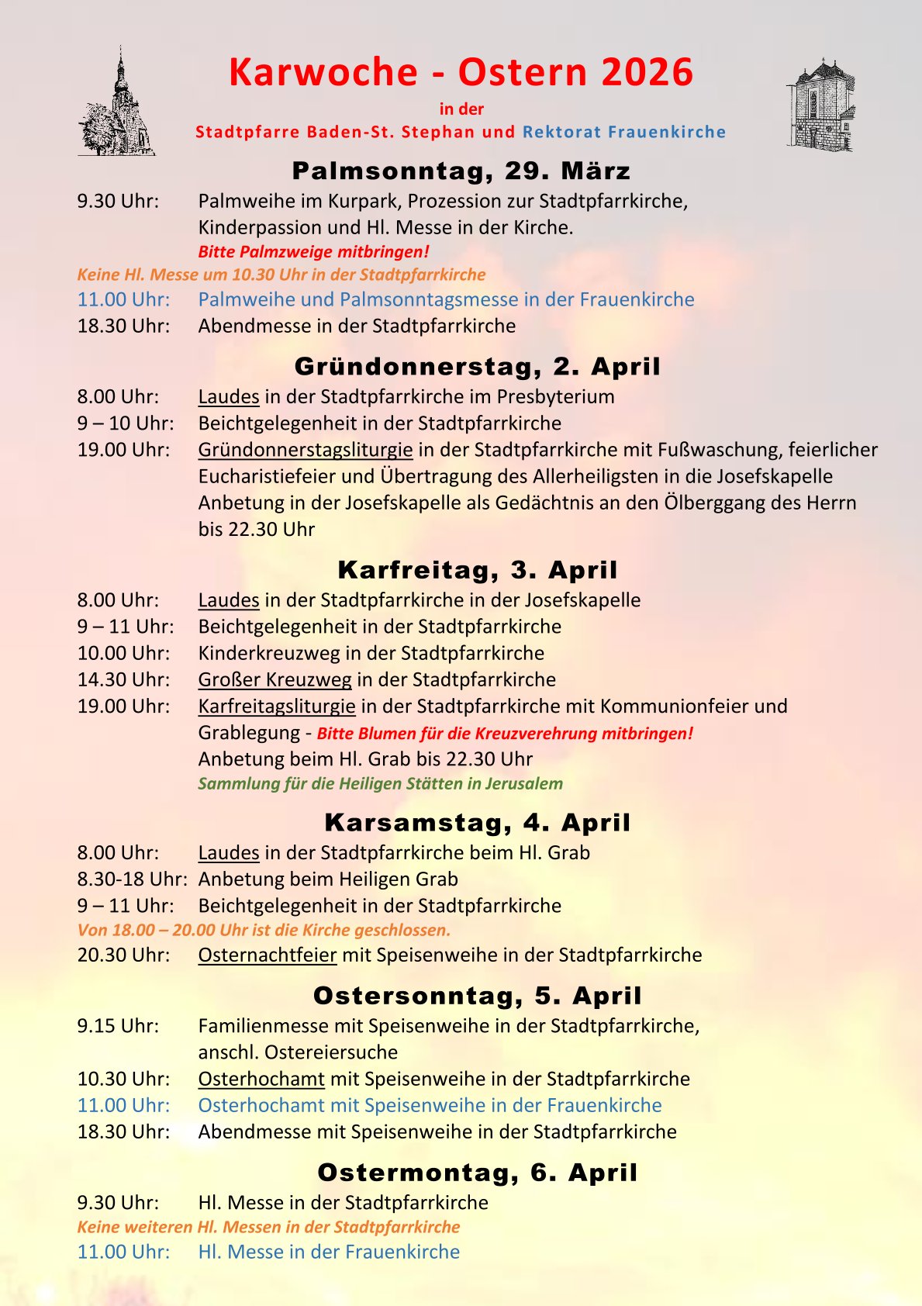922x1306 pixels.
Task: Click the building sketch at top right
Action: pyautogui.click(x=820, y=105)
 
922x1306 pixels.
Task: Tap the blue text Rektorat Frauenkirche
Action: pyautogui.click(x=624, y=132)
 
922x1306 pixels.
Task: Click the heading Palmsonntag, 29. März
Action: pyautogui.click(x=461, y=171)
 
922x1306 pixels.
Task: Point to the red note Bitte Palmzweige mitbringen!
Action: pyautogui.click(x=313, y=251)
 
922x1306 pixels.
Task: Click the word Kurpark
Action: pyautogui.click(x=364, y=201)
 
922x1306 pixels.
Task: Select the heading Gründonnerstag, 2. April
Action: pyautogui.click(x=477, y=366)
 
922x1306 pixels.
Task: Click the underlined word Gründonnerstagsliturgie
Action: pyautogui.click(x=305, y=450)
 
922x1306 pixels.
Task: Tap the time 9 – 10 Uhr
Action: pyautogui.click(x=125, y=423)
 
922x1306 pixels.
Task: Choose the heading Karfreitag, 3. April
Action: pyautogui.click(x=477, y=570)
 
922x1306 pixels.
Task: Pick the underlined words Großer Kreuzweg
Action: pyautogui.click(x=275, y=680)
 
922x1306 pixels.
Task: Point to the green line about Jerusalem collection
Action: pyautogui.click(x=380, y=783)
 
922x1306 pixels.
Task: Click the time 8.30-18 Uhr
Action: pyautogui.click(x=132, y=879)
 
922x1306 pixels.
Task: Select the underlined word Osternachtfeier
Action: pyautogui.click(x=267, y=955)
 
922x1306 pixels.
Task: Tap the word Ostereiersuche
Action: pyautogui.click(x=331, y=1052)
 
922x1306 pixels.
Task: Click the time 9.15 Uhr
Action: pyautogui.click(x=118, y=1026)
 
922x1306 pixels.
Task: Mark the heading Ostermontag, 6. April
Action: pyautogui.click(x=477, y=1173)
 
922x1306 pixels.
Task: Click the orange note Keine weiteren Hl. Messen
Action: pyautogui.click(x=268, y=1227)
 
